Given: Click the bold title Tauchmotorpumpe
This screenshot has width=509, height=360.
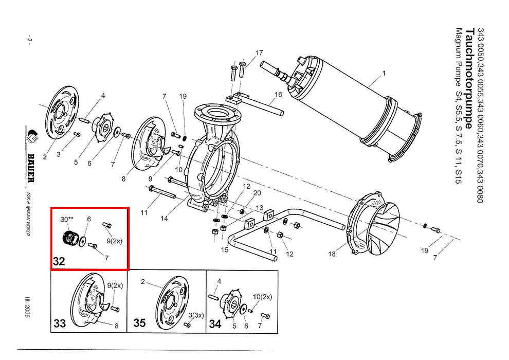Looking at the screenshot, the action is [x=469, y=78].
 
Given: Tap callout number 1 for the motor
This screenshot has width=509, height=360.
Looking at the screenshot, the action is [x=384, y=74].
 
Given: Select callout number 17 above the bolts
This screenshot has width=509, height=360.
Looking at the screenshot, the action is [x=259, y=53].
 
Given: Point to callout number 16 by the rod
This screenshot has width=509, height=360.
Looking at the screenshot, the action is [x=278, y=95].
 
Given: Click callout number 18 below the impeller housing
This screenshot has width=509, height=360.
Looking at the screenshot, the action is [x=332, y=254].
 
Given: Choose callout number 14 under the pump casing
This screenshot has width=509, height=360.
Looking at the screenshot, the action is [x=164, y=219].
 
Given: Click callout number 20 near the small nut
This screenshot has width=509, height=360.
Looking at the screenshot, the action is [x=257, y=193].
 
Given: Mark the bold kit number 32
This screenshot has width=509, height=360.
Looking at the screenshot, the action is [x=59, y=261].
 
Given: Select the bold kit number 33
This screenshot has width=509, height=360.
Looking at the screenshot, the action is [x=60, y=323].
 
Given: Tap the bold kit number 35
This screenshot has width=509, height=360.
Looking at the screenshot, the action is [x=139, y=323].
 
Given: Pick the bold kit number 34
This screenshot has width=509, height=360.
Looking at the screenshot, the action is [x=215, y=323].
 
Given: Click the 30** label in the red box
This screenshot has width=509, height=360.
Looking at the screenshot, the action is [x=67, y=220].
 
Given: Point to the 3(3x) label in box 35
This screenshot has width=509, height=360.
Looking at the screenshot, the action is [x=196, y=316].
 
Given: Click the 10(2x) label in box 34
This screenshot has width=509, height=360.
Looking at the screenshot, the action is [x=262, y=297].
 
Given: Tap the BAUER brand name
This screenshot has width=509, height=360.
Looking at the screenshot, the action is [x=31, y=168].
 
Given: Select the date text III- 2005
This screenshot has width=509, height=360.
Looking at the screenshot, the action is [x=28, y=306].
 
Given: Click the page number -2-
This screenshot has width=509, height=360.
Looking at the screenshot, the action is [x=29, y=40].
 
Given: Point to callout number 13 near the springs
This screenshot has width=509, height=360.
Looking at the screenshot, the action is [x=259, y=208].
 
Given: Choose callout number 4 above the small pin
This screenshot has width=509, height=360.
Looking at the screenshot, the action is [x=103, y=96].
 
